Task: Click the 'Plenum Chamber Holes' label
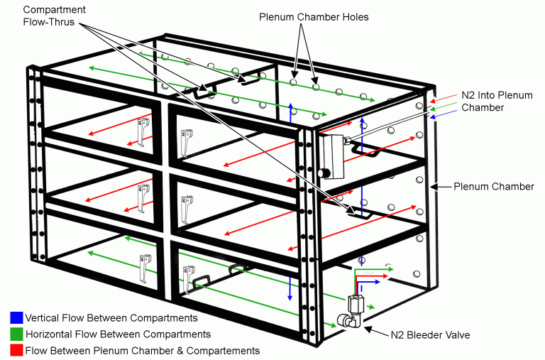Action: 314,17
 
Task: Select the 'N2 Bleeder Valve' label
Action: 433,334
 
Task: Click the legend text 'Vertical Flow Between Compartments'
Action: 111,317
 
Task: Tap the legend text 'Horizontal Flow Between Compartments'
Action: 117,334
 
